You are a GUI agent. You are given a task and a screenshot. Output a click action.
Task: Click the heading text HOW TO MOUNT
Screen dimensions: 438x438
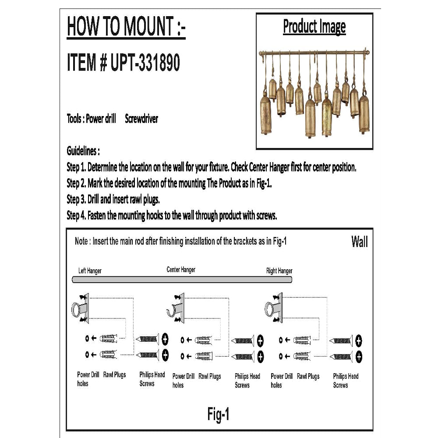coord(126,27)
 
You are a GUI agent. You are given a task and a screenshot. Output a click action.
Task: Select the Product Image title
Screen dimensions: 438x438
coord(314,27)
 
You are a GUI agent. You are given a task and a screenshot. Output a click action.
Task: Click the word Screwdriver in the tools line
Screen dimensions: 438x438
coord(141,119)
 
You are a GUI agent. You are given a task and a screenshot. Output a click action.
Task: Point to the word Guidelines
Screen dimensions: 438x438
coord(83,151)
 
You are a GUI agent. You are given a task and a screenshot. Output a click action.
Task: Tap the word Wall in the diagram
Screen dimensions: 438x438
coord(359,242)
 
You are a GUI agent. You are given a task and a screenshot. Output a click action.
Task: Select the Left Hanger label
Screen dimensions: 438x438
coord(90,271)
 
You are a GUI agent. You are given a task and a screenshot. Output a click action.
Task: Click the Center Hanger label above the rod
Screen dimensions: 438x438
coord(181,270)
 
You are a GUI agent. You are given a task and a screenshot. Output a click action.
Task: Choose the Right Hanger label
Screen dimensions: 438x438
coord(279,271)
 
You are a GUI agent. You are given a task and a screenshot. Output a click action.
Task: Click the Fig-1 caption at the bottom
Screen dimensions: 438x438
coord(218,414)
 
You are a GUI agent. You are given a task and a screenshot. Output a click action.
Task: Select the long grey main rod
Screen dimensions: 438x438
coord(182,279)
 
